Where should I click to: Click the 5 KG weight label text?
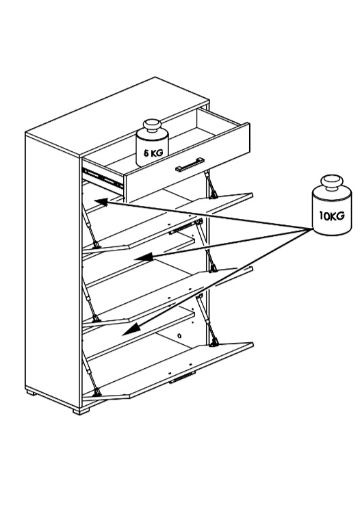point(153,153)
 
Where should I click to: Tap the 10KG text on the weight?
point(332,215)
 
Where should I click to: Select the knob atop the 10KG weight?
point(332,183)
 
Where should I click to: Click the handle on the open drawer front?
point(190,164)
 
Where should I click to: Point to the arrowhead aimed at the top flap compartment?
point(101,202)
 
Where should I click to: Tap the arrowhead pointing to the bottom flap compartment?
point(131,329)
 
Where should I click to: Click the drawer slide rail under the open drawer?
point(103,178)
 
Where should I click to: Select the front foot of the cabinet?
point(81,411)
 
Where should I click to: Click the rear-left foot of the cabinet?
point(31,393)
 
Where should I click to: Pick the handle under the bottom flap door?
point(182,378)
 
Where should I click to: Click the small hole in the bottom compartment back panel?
point(179,336)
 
